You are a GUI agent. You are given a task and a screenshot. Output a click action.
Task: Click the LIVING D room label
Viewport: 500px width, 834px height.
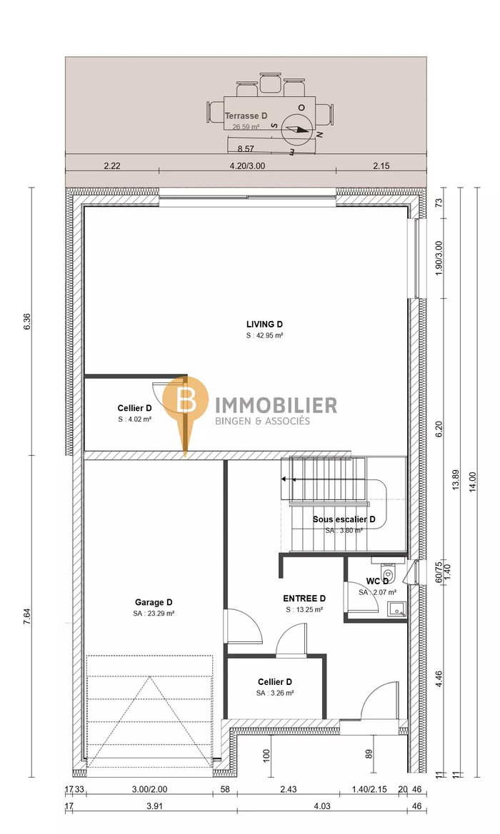264,324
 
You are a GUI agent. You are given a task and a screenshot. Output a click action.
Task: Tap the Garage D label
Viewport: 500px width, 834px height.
154,602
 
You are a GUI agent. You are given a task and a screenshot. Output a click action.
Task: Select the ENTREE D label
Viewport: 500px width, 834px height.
304,599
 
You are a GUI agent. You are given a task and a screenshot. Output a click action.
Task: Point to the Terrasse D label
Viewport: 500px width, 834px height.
246,116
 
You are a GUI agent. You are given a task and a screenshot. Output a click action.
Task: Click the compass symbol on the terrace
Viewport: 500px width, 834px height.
296,129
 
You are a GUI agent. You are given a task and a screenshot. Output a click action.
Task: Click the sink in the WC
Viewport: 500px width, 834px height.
396,609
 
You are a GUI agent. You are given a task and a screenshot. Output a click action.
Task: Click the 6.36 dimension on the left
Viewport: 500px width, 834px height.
27,321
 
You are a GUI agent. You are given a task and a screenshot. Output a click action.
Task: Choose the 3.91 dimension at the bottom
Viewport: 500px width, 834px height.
154,805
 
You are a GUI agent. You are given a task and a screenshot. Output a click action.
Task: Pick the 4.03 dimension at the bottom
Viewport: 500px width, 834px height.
321,805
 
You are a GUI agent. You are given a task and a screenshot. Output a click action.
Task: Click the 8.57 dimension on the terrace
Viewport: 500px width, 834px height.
246,149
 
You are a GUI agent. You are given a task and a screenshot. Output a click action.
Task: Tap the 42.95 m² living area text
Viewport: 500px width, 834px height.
264,335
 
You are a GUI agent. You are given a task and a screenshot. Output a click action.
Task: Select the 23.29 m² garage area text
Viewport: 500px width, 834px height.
154,614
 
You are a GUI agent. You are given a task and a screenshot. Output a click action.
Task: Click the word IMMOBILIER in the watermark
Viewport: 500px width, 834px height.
275,405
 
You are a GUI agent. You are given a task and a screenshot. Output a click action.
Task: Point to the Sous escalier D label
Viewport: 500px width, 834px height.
344,519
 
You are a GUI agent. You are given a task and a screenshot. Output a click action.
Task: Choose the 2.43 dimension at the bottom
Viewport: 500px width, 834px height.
288,789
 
